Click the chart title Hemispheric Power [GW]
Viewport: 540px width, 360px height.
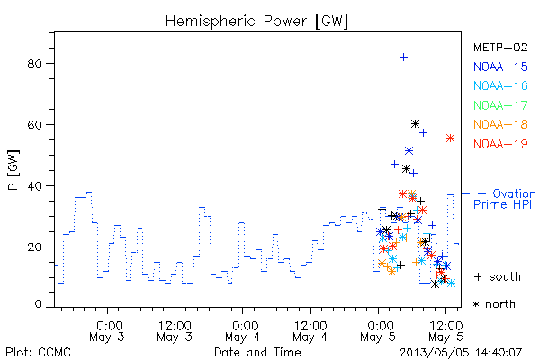pyautogui.click(x=256, y=22)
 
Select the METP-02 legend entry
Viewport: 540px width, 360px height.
pyautogui.click(x=500, y=48)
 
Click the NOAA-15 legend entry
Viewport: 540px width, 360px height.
pyautogui.click(x=500, y=67)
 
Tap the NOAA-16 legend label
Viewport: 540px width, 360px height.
pyautogui.click(x=500, y=85)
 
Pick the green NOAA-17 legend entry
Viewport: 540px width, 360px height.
pyautogui.click(x=500, y=105)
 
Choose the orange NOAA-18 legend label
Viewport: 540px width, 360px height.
pyautogui.click(x=500, y=124)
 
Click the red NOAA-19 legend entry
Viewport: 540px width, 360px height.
pyautogui.click(x=500, y=144)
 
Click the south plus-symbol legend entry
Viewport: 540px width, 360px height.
pyautogui.click(x=498, y=276)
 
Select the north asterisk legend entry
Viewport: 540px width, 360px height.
pyautogui.click(x=494, y=304)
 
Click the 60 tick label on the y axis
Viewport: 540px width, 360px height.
pyautogui.click(x=35, y=125)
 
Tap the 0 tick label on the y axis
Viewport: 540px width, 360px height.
pyautogui.click(x=38, y=304)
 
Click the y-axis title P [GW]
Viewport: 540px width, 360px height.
pyautogui.click(x=13, y=170)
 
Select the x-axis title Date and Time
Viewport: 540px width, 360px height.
pyautogui.click(x=257, y=352)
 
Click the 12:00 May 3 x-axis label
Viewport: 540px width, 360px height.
pyautogui.click(x=175, y=331)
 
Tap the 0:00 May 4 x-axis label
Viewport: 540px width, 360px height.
pyautogui.click(x=243, y=331)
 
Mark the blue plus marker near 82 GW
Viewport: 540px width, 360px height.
pyautogui.click(x=403, y=58)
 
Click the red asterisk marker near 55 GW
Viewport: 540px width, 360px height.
pyautogui.click(x=451, y=139)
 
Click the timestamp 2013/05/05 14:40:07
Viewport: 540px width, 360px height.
pyautogui.click(x=461, y=353)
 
